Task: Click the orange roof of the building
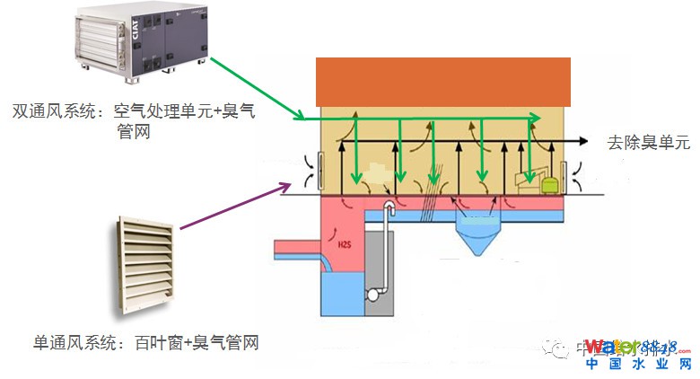point(443,82)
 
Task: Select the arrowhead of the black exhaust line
point(584,142)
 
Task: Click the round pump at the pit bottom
point(375,295)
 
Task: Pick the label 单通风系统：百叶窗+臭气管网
point(146,342)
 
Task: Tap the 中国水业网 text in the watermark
point(638,364)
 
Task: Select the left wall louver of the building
point(310,171)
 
